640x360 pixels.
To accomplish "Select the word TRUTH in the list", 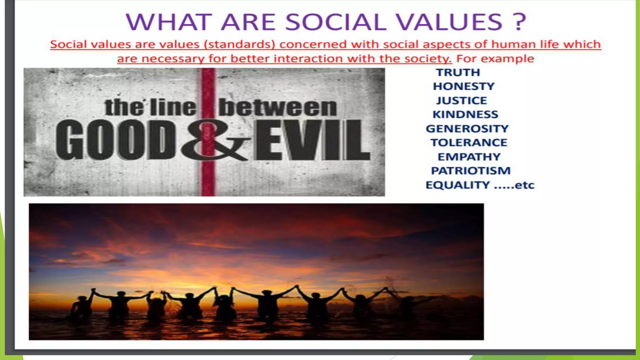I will [458, 72].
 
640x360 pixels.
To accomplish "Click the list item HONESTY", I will [464, 86].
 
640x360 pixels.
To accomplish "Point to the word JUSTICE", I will [462, 101].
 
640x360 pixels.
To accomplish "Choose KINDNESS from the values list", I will [465, 114].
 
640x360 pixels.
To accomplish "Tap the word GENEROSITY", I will [467, 129].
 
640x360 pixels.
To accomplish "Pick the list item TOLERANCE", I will [469, 143].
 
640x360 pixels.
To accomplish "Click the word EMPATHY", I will [469, 157].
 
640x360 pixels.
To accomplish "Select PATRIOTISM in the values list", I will [471, 171].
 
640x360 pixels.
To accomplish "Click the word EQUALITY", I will [457, 185].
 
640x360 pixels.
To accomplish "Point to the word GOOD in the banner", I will [116, 141].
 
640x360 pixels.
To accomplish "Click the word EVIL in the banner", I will [312, 141].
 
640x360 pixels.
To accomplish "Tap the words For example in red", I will [495, 59].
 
